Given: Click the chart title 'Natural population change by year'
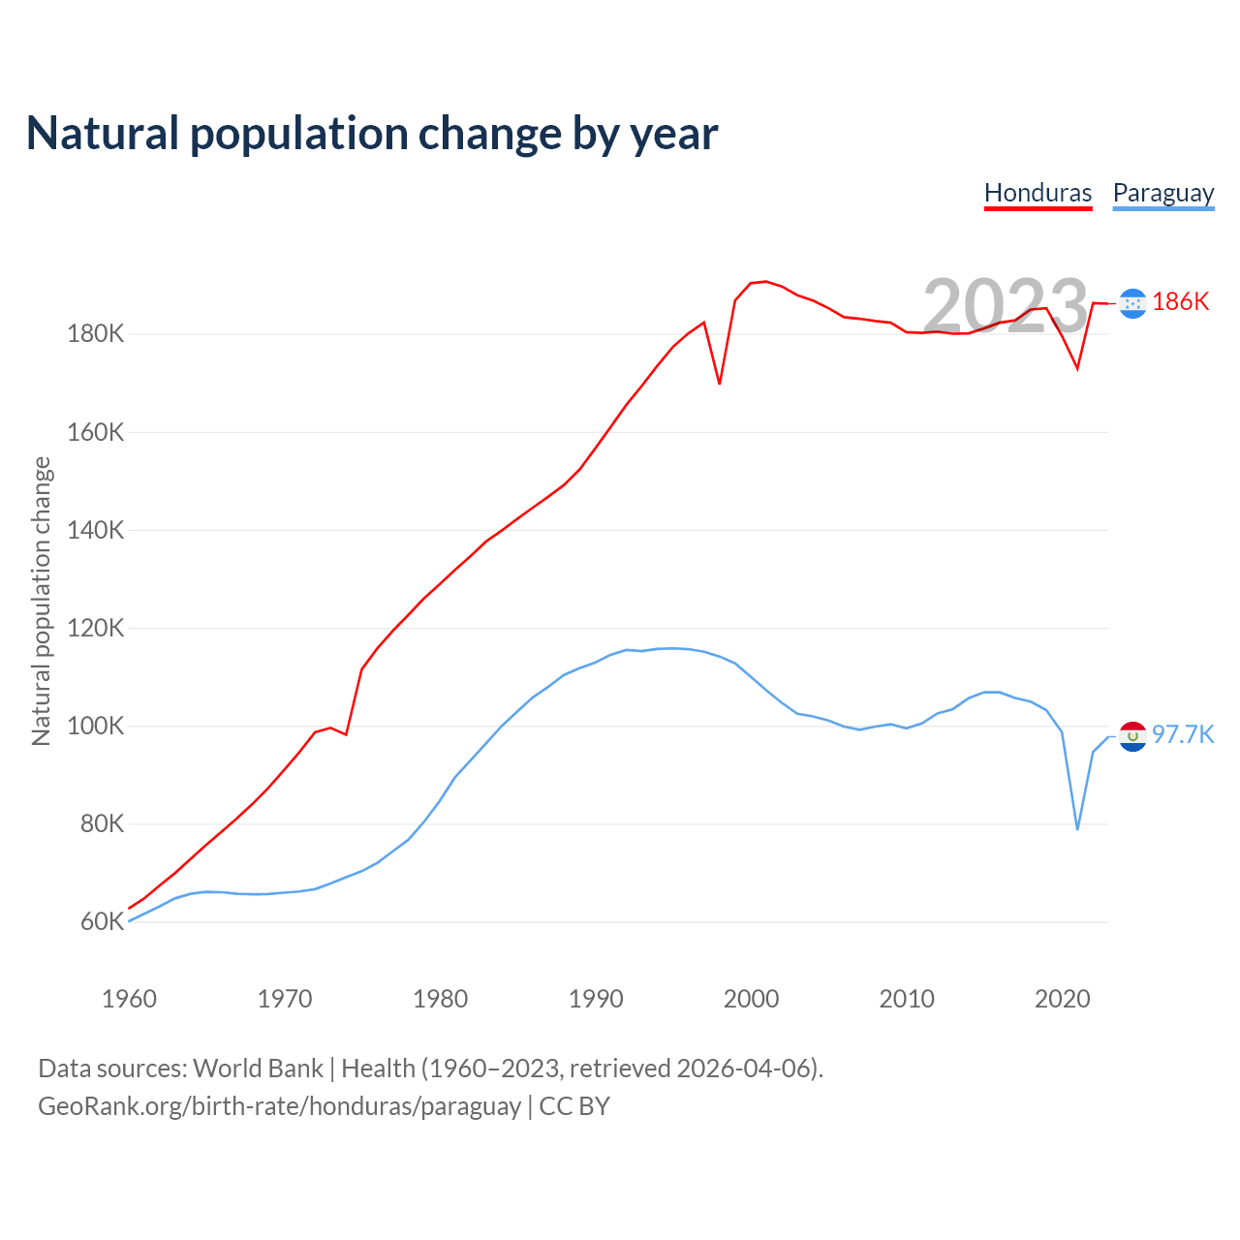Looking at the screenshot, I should point(372,134).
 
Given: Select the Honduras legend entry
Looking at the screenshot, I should point(1038,193).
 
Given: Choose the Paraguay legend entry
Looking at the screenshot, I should point(1162,193).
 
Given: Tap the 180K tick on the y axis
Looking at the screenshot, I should point(96,334).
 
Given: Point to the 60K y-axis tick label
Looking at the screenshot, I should point(102,921).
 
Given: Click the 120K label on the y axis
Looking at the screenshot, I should point(96,628).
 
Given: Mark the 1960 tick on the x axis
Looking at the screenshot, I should point(129,999).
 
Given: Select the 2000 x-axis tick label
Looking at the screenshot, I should point(751,999).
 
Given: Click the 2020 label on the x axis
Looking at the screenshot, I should point(1062,999).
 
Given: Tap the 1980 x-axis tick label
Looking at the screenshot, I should point(440,999).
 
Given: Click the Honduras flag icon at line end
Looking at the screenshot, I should point(1131,303).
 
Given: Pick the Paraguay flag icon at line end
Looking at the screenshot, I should point(1132,736).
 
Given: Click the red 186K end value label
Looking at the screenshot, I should point(1181,302).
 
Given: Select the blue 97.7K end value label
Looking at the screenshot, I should point(1183,734).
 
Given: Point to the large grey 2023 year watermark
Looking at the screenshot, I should point(1006,306).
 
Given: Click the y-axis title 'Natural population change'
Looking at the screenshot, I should point(42,601).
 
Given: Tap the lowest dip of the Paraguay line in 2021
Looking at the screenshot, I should point(1077,828).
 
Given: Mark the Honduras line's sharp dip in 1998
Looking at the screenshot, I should point(719,383).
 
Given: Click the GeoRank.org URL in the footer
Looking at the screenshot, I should point(279,1106).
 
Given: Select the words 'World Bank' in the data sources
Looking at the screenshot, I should point(258,1069).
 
